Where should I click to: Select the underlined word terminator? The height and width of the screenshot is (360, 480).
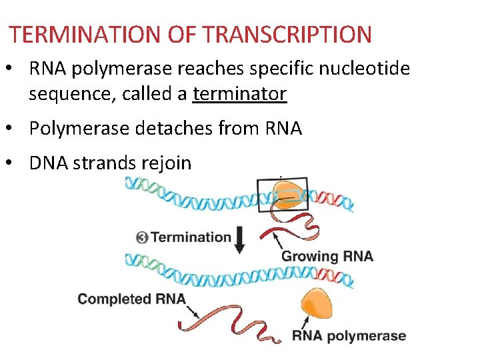pos(239,94)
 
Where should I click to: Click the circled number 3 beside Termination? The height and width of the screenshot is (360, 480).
pos(141,237)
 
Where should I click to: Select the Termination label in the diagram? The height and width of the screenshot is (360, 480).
pos(191,237)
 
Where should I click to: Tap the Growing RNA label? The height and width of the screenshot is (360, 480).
pos(327,256)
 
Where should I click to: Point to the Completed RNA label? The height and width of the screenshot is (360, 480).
pos(131,298)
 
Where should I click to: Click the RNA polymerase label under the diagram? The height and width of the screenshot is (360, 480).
pos(349,335)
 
